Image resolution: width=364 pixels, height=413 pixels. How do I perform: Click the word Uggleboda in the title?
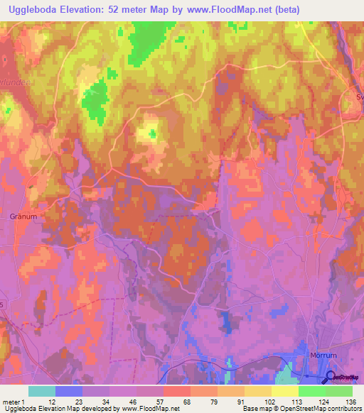tap(33, 10)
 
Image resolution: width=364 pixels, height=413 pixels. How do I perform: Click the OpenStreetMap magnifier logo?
tap(331, 378)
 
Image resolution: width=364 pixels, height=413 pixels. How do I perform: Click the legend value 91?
tap(237, 402)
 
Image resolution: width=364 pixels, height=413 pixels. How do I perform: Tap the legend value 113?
tap(291, 402)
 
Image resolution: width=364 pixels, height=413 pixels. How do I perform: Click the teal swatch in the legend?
tap(42, 391)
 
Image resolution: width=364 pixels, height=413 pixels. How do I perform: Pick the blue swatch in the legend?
tap(69, 391)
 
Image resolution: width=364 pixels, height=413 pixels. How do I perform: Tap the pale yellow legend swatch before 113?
tap(285, 391)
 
